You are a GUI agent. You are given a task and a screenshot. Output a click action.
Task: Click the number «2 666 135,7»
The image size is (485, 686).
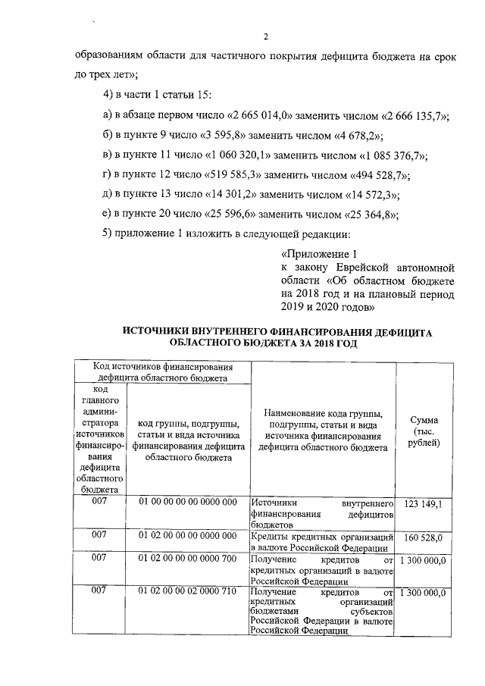[412, 115]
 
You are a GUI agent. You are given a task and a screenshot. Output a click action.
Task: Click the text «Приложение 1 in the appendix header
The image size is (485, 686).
[318, 254]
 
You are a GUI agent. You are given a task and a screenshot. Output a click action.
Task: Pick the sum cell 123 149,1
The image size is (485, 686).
[424, 503]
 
